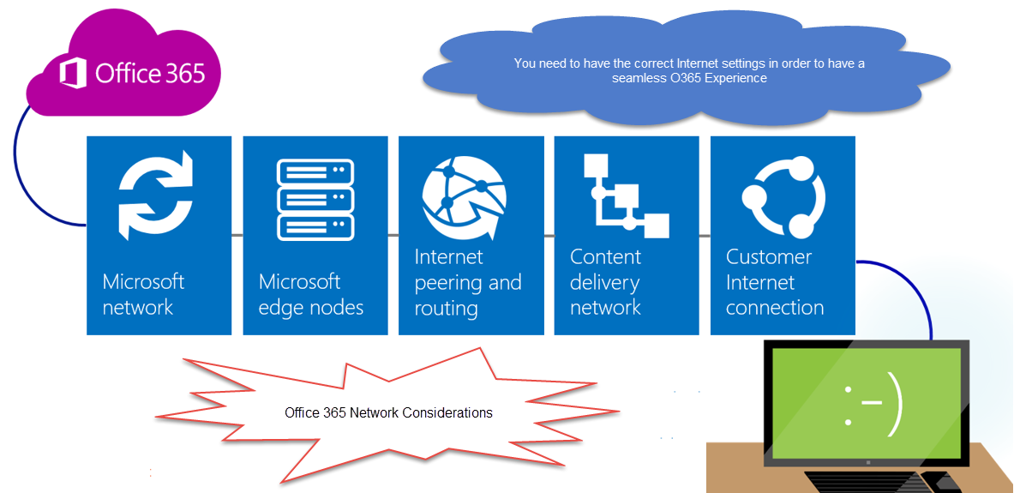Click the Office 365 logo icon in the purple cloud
pos(74,73)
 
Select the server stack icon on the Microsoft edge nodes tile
pos(315,200)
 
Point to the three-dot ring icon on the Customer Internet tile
pos(783,197)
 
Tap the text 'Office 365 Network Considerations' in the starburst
pos(388,412)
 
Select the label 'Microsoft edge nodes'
pos(311,294)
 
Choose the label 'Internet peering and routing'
pos(468,282)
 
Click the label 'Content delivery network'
pos(606,282)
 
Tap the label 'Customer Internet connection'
pos(775,282)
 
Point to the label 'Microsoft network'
pos(143,294)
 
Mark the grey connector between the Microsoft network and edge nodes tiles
pos(237,234)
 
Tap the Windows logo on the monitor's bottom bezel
pos(868,461)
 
